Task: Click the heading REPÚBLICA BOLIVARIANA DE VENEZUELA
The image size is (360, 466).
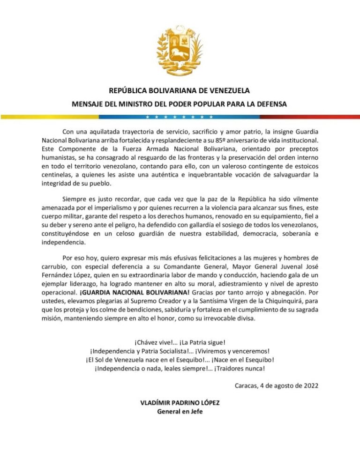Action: click(180, 90)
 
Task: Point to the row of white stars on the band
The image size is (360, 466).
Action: click(180, 116)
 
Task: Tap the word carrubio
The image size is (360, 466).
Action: click(55, 267)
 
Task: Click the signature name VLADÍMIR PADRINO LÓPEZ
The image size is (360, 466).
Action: click(180, 403)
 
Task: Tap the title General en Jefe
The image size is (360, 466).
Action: click(180, 412)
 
